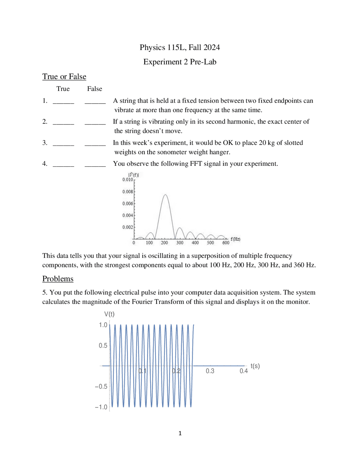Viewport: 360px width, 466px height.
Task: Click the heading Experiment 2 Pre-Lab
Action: pyautogui.click(x=180, y=62)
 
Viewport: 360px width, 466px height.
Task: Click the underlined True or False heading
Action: pyautogui.click(x=64, y=77)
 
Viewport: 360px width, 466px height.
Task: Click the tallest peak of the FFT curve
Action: pyautogui.click(x=165, y=195)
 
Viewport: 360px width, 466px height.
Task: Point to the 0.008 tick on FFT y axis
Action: pyautogui.click(x=128, y=192)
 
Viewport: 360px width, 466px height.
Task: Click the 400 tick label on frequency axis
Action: pyautogui.click(x=195, y=243)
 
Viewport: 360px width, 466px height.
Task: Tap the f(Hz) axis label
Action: pyautogui.click(x=235, y=239)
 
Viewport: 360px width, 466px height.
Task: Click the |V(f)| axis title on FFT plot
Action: pyautogui.click(x=134, y=175)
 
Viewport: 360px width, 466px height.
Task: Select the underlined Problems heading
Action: pyautogui.click(x=58, y=279)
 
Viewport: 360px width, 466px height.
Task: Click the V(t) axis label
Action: pyautogui.click(x=109, y=314)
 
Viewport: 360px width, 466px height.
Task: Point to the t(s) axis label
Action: pyautogui.click(x=255, y=366)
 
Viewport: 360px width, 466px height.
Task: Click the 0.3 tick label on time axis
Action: pyautogui.click(x=210, y=371)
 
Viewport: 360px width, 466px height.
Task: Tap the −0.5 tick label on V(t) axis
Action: pyautogui.click(x=101, y=387)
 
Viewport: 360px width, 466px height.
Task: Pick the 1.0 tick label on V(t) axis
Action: pyautogui.click(x=103, y=325)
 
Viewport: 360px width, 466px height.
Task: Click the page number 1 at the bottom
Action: pyautogui.click(x=180, y=433)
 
